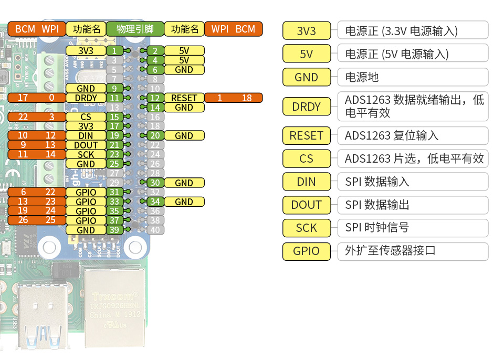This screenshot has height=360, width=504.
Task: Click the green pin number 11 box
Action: click(x=114, y=98)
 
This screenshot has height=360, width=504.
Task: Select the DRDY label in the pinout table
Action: click(x=86, y=98)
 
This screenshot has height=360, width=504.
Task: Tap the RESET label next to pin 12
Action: click(x=184, y=98)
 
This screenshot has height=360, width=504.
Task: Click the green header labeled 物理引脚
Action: click(x=135, y=29)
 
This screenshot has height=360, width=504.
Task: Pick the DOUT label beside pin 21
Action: click(x=86, y=145)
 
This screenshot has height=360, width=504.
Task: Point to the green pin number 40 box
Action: click(x=155, y=230)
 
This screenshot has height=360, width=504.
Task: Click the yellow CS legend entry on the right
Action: click(x=307, y=158)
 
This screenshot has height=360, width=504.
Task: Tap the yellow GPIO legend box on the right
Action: click(x=307, y=251)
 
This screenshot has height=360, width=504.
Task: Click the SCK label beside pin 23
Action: click(x=86, y=155)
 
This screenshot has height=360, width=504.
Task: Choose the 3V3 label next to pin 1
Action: click(x=86, y=51)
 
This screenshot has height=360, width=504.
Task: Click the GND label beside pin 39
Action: click(x=86, y=230)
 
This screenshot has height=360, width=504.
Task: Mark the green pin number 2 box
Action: click(x=155, y=51)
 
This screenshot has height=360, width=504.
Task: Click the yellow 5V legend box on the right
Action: click(x=307, y=54)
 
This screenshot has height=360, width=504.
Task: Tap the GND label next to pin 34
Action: click(x=184, y=202)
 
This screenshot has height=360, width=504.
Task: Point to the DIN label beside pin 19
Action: click(x=86, y=136)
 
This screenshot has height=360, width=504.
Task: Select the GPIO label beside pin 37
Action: click(x=86, y=221)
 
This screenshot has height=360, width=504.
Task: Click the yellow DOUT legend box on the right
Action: click(x=307, y=205)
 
